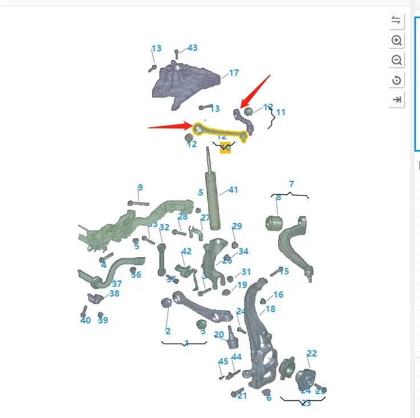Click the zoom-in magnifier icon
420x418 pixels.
pos(397,40)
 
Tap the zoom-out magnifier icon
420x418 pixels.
pos(397,60)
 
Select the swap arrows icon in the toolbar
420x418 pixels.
pos(397,21)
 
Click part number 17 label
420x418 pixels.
pos(234,73)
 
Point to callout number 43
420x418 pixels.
pos(193,48)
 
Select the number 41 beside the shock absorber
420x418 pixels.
pos(233,190)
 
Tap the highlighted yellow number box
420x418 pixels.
pos(226,148)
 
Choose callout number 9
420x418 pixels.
pos(140,188)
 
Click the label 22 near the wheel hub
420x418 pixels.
pos(311,354)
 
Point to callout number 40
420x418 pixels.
pos(85,320)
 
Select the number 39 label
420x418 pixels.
pos(103,320)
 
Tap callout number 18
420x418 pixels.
pos(270,309)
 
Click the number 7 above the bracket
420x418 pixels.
pos(291,184)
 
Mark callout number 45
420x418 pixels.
pos(223,361)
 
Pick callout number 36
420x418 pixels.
pos(136,274)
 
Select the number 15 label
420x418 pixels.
pos(284,271)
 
